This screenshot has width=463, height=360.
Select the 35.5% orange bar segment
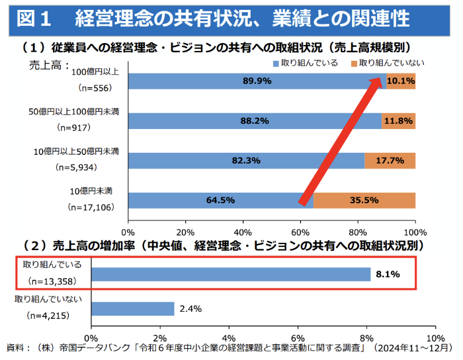(x=364, y=201)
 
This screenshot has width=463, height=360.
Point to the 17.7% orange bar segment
(x=390, y=161)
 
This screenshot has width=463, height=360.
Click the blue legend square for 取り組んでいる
(x=276, y=63)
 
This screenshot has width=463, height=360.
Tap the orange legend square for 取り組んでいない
(x=354, y=63)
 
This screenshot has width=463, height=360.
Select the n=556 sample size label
(x=97, y=87)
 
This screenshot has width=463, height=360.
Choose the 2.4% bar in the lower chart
(x=132, y=308)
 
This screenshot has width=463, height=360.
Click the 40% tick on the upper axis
(x=243, y=232)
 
